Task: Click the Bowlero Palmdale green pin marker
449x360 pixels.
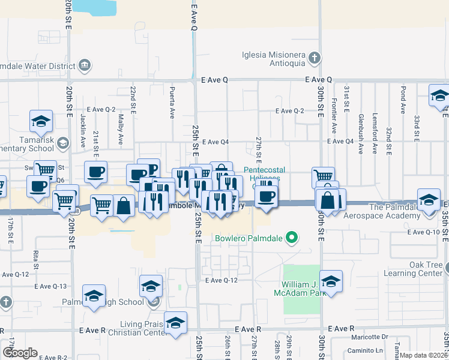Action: pyautogui.click(x=292, y=239)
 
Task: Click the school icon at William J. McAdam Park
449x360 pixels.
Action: pyautogui.click(x=331, y=281)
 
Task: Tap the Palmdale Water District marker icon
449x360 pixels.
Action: pyautogui.click(x=84, y=64)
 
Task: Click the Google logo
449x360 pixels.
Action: pyautogui.click(x=20, y=353)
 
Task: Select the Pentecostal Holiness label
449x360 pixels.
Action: pyautogui.click(x=262, y=173)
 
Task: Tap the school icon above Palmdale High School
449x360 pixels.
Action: pyautogui.click(x=94, y=295)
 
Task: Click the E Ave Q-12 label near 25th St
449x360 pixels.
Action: pyautogui.click(x=222, y=280)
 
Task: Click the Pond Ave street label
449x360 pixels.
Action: pyautogui.click(x=403, y=98)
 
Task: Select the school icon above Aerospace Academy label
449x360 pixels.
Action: pyautogui.click(x=429, y=200)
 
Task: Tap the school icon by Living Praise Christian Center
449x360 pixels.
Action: pyautogui.click(x=175, y=323)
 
